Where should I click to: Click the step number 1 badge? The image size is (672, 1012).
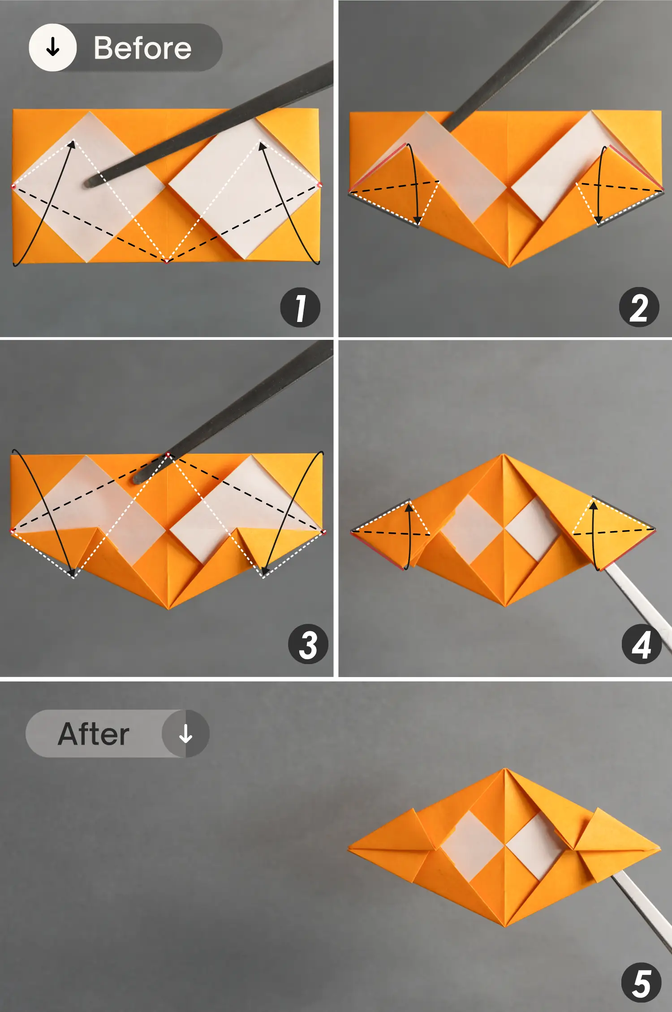[300, 307]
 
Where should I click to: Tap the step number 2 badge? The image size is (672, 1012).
[639, 307]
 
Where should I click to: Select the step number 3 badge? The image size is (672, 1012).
[308, 644]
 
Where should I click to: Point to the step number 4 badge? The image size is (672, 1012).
[642, 644]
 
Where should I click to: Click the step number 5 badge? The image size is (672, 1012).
[642, 982]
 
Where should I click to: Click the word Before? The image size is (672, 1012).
[142, 48]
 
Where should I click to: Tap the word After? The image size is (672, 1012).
[94, 734]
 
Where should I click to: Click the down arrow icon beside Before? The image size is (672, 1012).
[53, 47]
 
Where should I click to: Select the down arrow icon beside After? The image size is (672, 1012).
[185, 733]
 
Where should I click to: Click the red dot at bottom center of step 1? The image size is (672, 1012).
[167, 261]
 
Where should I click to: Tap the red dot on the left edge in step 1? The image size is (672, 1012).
[13, 186]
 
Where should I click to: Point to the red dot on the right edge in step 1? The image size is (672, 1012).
[319, 184]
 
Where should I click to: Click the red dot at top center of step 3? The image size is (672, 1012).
[168, 455]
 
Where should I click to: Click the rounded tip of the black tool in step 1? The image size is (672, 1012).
[89, 182]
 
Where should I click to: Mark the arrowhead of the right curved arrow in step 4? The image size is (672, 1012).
[593, 506]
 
